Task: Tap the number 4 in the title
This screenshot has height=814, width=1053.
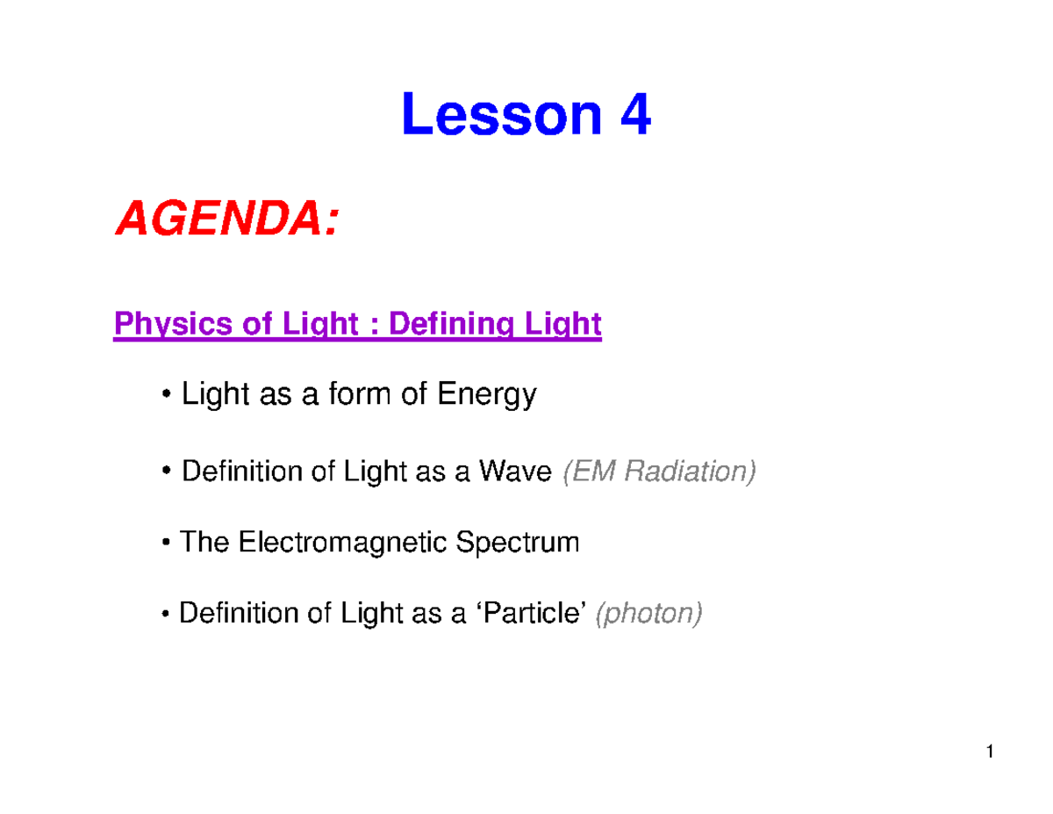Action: click(634, 117)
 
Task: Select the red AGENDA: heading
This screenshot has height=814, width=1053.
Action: click(225, 220)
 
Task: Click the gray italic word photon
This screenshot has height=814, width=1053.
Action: click(649, 614)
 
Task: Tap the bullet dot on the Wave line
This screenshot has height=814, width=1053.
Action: click(166, 474)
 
